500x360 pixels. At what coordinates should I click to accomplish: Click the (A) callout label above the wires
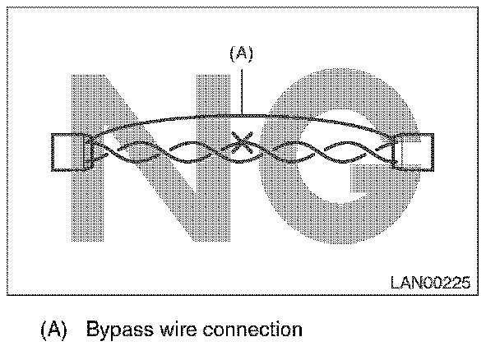[240, 53]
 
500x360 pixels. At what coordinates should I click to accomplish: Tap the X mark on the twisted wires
[241, 145]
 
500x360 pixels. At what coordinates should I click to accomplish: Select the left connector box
[68, 151]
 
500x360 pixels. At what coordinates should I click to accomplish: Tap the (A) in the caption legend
[53, 331]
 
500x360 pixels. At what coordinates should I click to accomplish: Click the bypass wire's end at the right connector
[397, 139]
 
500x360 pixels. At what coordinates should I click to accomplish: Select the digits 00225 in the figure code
[447, 283]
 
